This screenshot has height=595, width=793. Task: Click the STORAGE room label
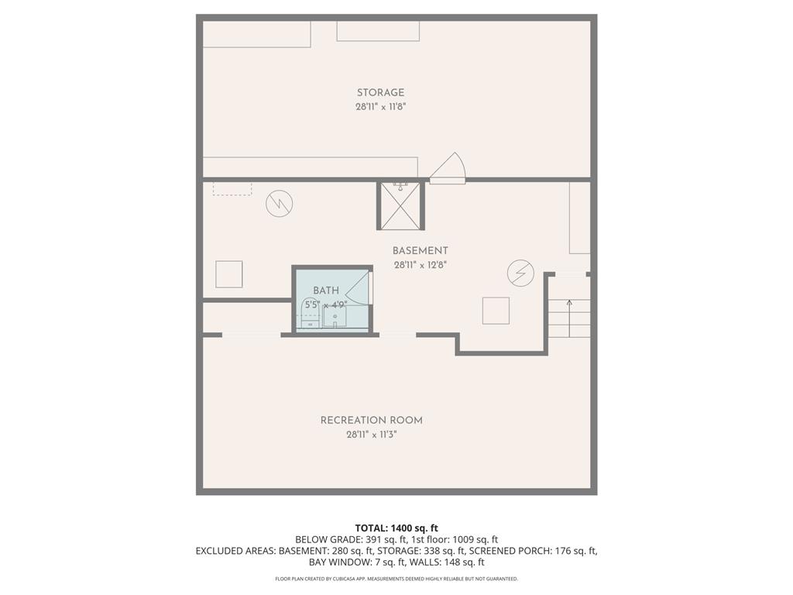(380, 93)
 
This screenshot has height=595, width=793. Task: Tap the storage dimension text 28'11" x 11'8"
(380, 107)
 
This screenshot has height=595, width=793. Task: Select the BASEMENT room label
(420, 251)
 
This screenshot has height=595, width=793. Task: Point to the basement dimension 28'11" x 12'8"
(420, 265)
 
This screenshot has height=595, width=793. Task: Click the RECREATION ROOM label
(372, 421)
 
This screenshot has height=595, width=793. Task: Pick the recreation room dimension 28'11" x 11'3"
(372, 435)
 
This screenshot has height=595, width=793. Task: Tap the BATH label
(326, 291)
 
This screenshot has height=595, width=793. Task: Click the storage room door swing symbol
(448, 168)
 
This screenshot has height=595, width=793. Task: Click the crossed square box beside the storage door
(400, 206)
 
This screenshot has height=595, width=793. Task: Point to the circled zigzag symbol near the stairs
(520, 273)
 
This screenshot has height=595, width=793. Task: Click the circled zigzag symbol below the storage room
(279, 204)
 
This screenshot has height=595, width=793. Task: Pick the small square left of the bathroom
(228, 274)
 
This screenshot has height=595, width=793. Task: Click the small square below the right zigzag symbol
(496, 311)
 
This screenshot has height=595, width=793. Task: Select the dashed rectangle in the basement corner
(232, 188)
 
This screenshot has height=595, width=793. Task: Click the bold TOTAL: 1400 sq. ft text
(396, 528)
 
